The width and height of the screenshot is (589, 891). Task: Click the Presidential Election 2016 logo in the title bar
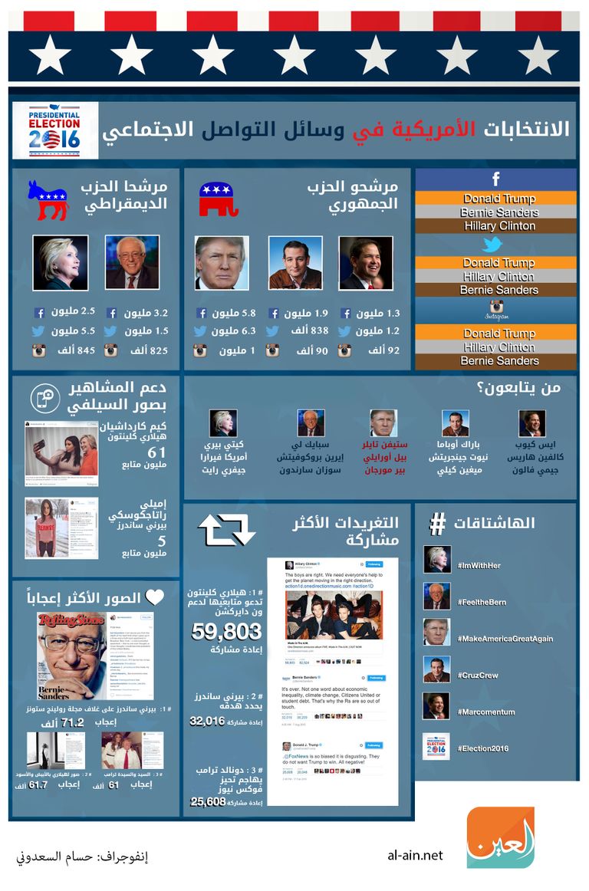[54, 130]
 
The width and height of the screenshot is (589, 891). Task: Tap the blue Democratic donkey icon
[48, 199]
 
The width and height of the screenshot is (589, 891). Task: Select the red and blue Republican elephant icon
[219, 199]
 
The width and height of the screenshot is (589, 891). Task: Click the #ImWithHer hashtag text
[479, 565]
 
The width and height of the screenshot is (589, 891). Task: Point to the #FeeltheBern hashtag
[482, 602]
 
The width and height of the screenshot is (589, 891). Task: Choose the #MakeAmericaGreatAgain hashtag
[505, 639]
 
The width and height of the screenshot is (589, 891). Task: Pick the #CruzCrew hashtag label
[478, 676]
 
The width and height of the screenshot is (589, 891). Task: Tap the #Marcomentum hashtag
[483, 712]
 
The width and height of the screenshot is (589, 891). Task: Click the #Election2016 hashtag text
[482, 748]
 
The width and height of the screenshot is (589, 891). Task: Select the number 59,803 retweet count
[226, 630]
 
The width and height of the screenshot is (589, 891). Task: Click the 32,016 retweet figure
[207, 721]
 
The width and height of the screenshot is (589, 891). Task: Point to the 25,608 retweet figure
[208, 801]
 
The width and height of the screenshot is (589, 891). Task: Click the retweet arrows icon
[226, 528]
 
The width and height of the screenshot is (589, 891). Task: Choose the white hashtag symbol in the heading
[438, 524]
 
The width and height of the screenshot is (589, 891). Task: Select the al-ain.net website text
[416, 856]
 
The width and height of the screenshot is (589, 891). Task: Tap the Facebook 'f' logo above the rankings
[496, 179]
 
